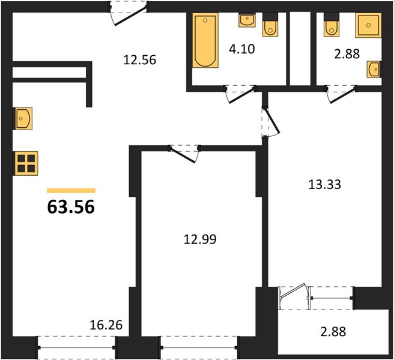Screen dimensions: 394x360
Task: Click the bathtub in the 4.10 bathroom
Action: tap(205, 40)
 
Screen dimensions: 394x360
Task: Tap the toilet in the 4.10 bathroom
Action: tap(270, 25)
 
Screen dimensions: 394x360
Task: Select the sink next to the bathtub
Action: tap(247, 20)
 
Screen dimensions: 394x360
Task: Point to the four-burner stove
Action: tap(26, 163)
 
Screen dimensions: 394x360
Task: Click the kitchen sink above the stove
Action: tap(23, 118)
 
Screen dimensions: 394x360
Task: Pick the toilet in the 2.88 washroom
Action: tap(332, 25)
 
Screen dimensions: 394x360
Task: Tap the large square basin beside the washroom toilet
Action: tap(368, 25)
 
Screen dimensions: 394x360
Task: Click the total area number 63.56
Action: tap(71, 207)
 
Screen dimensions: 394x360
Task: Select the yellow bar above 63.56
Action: tap(71, 191)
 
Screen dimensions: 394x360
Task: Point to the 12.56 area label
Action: tap(140, 60)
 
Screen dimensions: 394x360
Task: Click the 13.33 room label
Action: tap(324, 185)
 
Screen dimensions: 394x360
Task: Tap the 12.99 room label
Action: tap(200, 239)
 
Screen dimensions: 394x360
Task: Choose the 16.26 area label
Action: tap(106, 325)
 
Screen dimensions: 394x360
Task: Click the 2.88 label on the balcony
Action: tap(333, 332)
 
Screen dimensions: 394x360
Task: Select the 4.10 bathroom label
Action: tap(241, 49)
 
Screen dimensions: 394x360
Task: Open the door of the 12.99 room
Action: tap(183, 154)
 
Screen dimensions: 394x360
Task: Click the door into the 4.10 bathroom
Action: tap(240, 95)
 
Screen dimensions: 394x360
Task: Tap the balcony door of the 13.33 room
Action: tap(292, 294)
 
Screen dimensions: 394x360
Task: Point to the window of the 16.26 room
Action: tap(76, 347)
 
